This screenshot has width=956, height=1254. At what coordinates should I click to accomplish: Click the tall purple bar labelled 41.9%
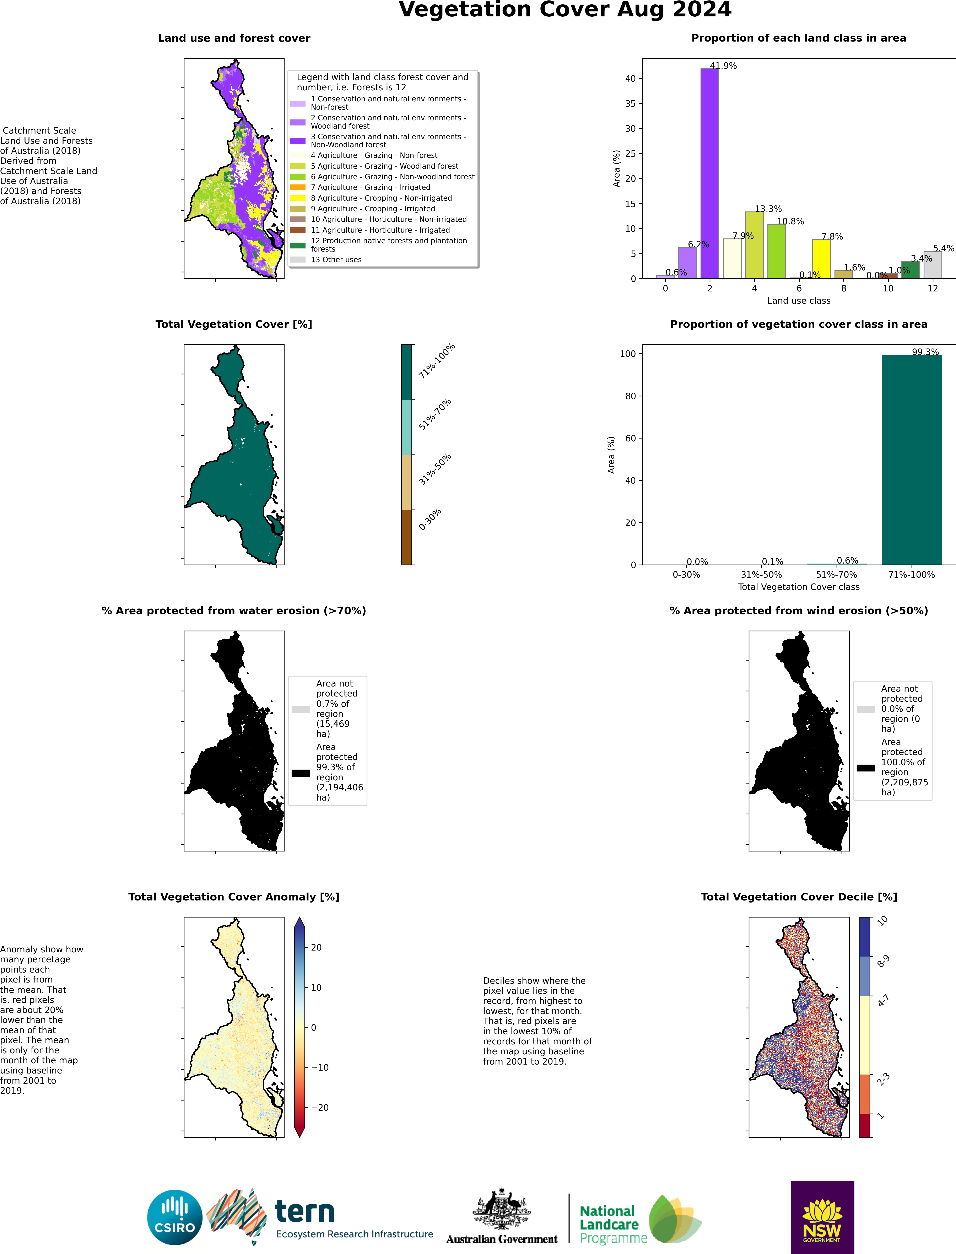(710, 173)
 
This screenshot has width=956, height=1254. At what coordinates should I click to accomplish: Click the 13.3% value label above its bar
(768, 209)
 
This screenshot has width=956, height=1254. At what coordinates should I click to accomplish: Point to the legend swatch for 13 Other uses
(298, 259)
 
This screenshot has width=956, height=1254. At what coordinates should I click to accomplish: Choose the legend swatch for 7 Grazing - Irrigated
(298, 187)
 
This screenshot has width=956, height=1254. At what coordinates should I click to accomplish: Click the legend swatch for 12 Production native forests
(298, 245)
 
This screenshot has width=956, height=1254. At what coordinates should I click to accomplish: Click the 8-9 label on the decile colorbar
(883, 961)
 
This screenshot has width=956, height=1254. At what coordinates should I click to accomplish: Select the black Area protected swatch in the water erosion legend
(301, 773)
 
